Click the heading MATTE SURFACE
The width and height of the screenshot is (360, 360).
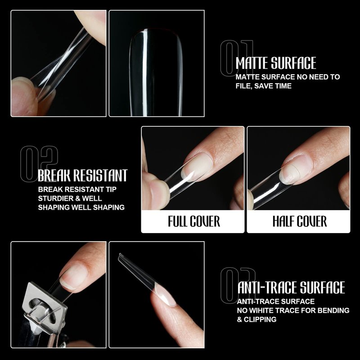tap(276, 63)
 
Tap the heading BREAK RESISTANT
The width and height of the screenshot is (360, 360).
tap(83, 175)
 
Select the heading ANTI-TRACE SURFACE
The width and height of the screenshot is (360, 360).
tap(291, 288)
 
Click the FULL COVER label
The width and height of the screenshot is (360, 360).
tap(194, 221)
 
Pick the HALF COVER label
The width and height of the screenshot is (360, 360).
tap(300, 221)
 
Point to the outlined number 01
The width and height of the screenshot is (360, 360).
tap(237, 58)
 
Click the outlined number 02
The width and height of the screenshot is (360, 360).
tap(39, 164)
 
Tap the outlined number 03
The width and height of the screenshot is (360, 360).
tap(238, 285)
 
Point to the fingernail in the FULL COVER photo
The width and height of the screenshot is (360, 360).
tap(197, 167)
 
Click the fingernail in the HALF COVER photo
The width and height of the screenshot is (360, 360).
tap(296, 169)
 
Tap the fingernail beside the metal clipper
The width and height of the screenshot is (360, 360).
tap(73, 277)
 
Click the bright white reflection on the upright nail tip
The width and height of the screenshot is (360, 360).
tap(144, 73)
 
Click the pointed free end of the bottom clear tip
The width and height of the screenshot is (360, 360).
tap(120, 255)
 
